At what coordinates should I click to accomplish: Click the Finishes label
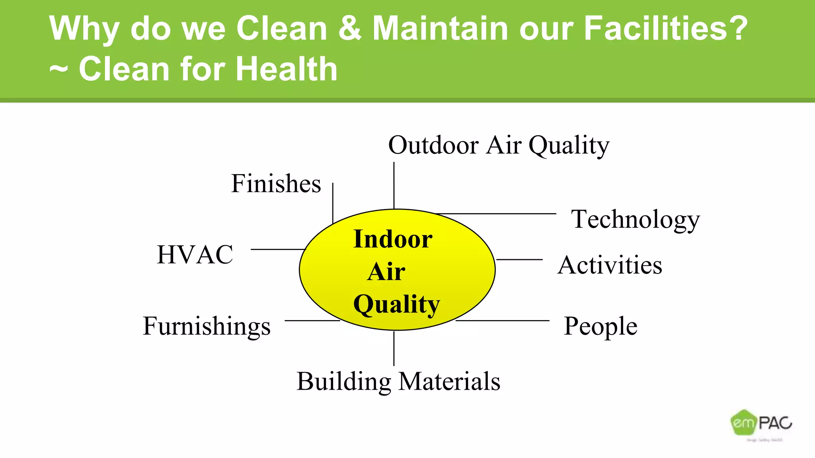[276, 184]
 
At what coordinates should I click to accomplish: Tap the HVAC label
[195, 254]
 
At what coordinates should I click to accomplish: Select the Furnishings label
[207, 326]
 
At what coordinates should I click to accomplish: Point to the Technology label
[635, 219]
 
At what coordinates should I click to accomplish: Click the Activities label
[610, 265]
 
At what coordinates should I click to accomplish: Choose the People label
[601, 326]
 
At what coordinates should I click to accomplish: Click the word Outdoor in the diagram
[433, 145]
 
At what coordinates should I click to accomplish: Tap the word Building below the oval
[344, 382]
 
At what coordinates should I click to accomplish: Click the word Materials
[449, 381]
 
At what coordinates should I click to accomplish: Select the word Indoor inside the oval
[393, 239]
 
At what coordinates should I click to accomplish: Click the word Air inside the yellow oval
[386, 272]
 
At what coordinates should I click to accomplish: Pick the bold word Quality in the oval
[396, 305]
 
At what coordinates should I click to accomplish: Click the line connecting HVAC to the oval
[277, 249]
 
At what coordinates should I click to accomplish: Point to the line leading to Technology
[497, 213]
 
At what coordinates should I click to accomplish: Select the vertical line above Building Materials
[394, 348]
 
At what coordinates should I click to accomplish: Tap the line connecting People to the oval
[502, 320]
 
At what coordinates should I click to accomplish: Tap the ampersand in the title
[350, 29]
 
